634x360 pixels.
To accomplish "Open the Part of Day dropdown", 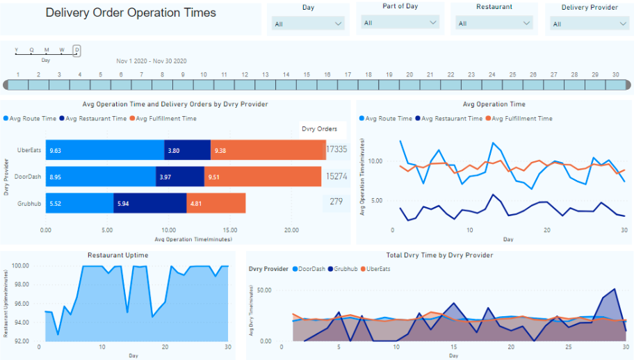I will point(400,22).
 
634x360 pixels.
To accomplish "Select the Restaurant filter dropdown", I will point(494,24).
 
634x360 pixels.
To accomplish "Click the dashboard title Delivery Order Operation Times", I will point(131,13).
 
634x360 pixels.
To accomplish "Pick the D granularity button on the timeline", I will point(77,50).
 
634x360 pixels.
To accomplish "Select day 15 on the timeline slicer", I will point(306,84).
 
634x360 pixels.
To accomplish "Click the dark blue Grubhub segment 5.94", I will point(150,203).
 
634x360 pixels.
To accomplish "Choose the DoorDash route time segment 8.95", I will point(101,177).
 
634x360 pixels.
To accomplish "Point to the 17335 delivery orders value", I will point(336,149).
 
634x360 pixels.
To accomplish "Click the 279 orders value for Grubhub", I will point(336,202).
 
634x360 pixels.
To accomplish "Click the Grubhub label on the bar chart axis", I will point(29,203).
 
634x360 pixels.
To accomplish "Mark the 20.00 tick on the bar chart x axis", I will point(292,229).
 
